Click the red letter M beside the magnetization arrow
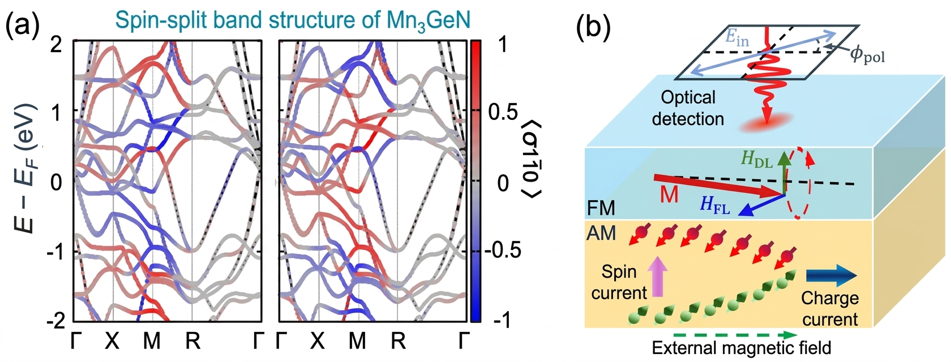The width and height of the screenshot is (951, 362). tap(669, 195)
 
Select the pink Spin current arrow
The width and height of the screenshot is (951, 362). tap(657, 276)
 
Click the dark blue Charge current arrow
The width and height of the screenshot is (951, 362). tap(830, 276)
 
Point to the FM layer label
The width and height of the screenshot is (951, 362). tap(601, 208)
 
